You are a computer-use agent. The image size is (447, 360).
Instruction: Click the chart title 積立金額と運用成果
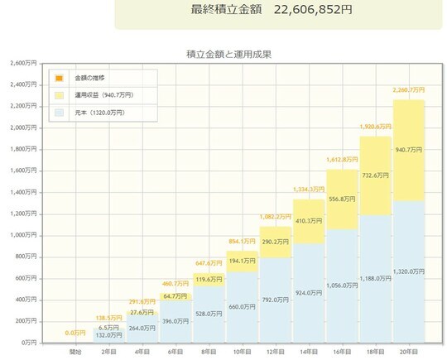(x=230, y=55)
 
